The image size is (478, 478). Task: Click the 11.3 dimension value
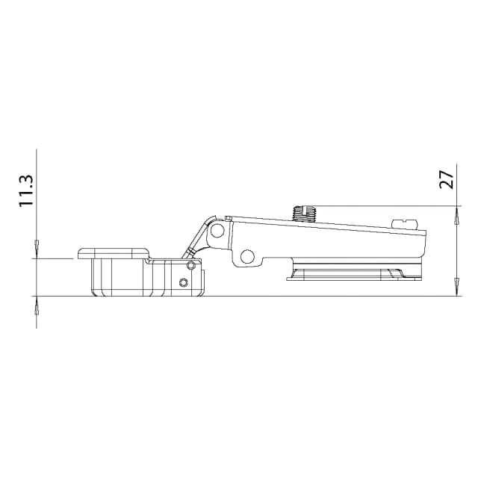tap(26, 191)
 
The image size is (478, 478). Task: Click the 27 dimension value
tap(447, 180)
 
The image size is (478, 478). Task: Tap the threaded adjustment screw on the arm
tap(305, 214)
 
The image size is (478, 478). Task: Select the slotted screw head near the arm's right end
tap(405, 223)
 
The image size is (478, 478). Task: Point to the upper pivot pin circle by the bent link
tap(217, 231)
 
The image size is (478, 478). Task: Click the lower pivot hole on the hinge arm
tap(247, 257)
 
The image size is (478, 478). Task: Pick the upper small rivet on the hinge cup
tap(191, 266)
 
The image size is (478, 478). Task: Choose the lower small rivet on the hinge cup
tap(183, 283)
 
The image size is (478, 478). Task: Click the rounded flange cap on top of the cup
tap(114, 254)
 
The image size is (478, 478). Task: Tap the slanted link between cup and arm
tap(197, 238)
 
